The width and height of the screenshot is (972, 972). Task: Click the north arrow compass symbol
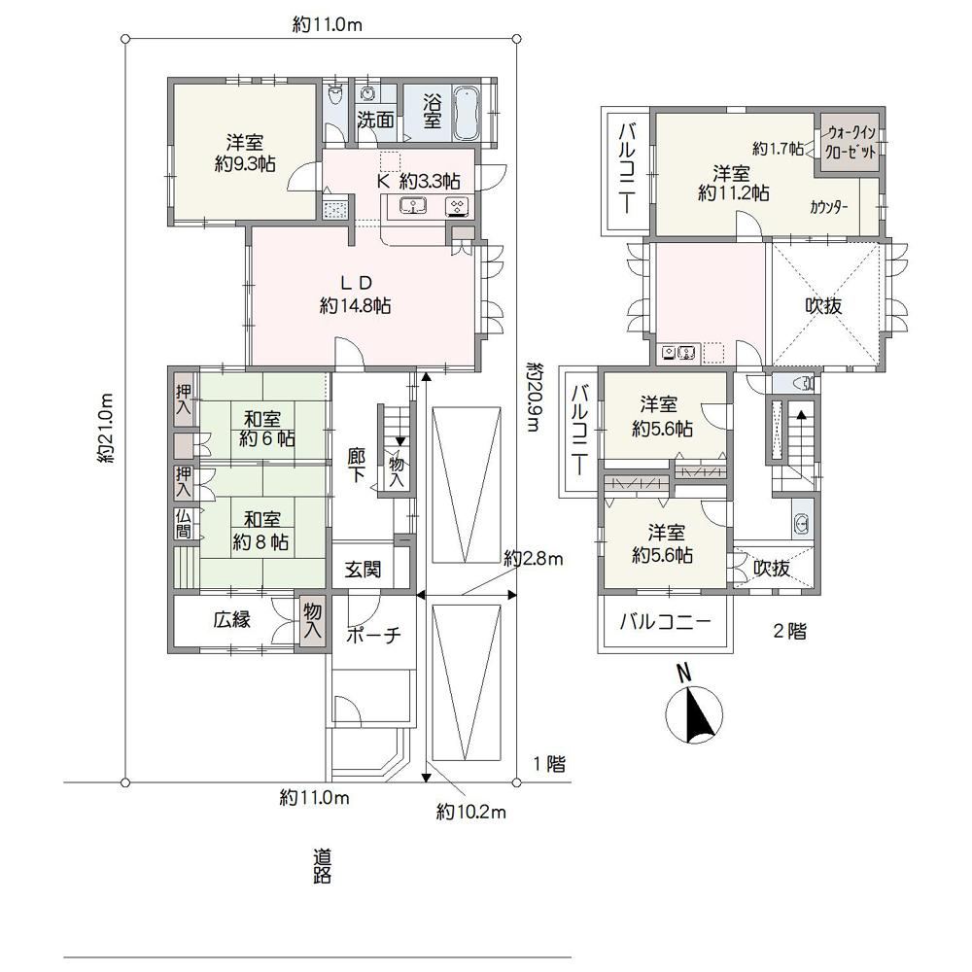(694, 714)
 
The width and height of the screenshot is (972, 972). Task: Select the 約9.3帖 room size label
(245, 164)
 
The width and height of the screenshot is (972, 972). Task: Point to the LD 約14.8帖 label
(355, 295)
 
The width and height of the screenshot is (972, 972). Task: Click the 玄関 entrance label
(363, 569)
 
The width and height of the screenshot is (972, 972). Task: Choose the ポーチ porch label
(373, 635)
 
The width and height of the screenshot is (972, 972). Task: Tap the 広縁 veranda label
(232, 619)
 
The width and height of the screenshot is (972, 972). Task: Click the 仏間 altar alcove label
(184, 524)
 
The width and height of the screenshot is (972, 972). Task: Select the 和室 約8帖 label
(260, 531)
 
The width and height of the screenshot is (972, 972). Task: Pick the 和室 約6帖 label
(266, 429)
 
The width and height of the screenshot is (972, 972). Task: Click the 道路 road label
(322, 866)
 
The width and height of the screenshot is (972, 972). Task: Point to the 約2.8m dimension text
(533, 559)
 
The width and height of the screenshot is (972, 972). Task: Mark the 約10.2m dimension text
(471, 812)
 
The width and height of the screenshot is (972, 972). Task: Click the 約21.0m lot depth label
(105, 428)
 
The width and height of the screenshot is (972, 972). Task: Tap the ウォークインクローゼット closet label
(851, 142)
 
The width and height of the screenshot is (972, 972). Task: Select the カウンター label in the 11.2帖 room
(828, 208)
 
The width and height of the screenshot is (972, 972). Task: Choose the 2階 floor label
(789, 631)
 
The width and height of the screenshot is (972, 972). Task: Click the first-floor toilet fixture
(335, 95)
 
